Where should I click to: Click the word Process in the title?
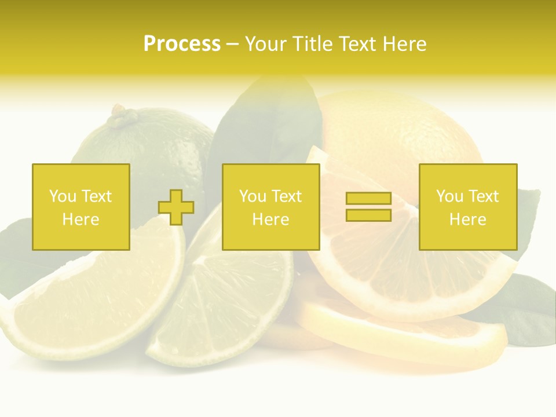(x=182, y=44)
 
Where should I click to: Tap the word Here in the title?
(x=404, y=44)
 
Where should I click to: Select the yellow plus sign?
(x=176, y=207)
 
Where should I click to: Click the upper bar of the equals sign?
(x=368, y=199)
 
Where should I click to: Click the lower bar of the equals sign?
(x=368, y=215)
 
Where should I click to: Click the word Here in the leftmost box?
(x=81, y=220)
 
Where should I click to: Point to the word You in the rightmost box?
(x=449, y=196)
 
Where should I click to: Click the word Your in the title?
(x=266, y=44)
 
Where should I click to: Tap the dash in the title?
(x=232, y=44)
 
